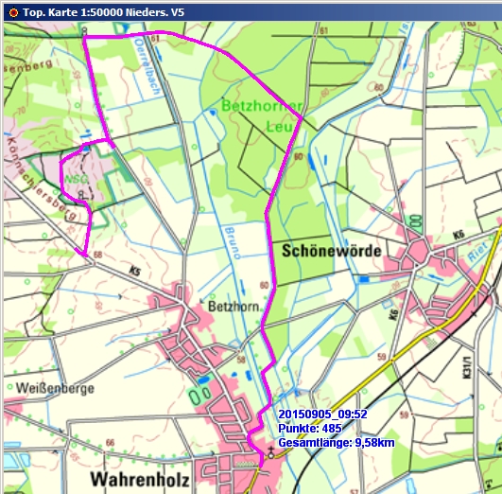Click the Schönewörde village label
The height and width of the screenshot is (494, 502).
[x=330, y=251]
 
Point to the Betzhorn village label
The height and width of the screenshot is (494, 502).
[x=231, y=308]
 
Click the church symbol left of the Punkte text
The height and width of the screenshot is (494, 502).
[x=270, y=453]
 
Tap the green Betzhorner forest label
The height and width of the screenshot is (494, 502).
[x=261, y=104]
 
